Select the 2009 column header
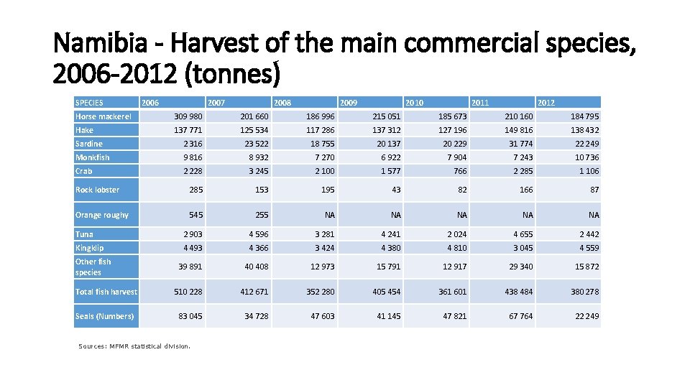[x=349, y=103]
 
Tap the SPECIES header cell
[x=90, y=103]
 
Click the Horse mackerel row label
[x=103, y=116]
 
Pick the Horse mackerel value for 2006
[x=188, y=116]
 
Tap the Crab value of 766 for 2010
[x=459, y=171]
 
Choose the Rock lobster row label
[x=98, y=190]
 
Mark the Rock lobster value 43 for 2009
[x=395, y=190]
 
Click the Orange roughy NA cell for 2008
[x=329, y=215]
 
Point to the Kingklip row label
[x=90, y=248]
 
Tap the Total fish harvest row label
[x=106, y=292]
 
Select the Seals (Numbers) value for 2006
[x=190, y=316]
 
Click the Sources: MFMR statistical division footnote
[x=134, y=346]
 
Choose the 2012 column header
[x=546, y=103]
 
